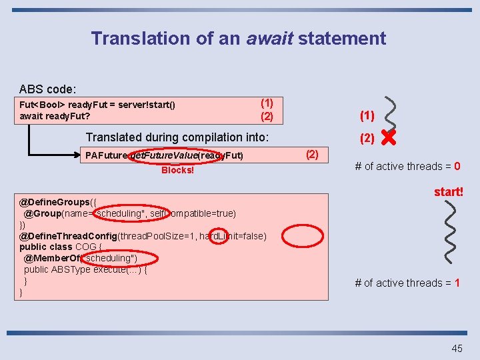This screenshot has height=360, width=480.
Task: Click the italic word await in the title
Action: (269, 39)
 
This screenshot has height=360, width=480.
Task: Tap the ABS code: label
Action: (48, 89)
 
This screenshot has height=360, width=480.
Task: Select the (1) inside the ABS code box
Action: (267, 103)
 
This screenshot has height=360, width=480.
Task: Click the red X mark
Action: (389, 139)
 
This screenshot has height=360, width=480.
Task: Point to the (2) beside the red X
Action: (367, 139)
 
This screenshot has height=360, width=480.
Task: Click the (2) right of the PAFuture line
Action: (312, 155)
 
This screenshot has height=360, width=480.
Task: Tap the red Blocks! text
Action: (177, 170)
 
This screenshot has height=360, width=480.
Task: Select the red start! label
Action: (449, 192)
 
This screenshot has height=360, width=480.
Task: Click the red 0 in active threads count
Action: (457, 167)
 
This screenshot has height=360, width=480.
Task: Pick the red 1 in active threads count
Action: (457, 283)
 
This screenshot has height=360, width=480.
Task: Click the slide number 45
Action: (457, 348)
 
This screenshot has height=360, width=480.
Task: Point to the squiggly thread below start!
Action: (451, 231)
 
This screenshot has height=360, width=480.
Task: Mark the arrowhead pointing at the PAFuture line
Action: (75, 156)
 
